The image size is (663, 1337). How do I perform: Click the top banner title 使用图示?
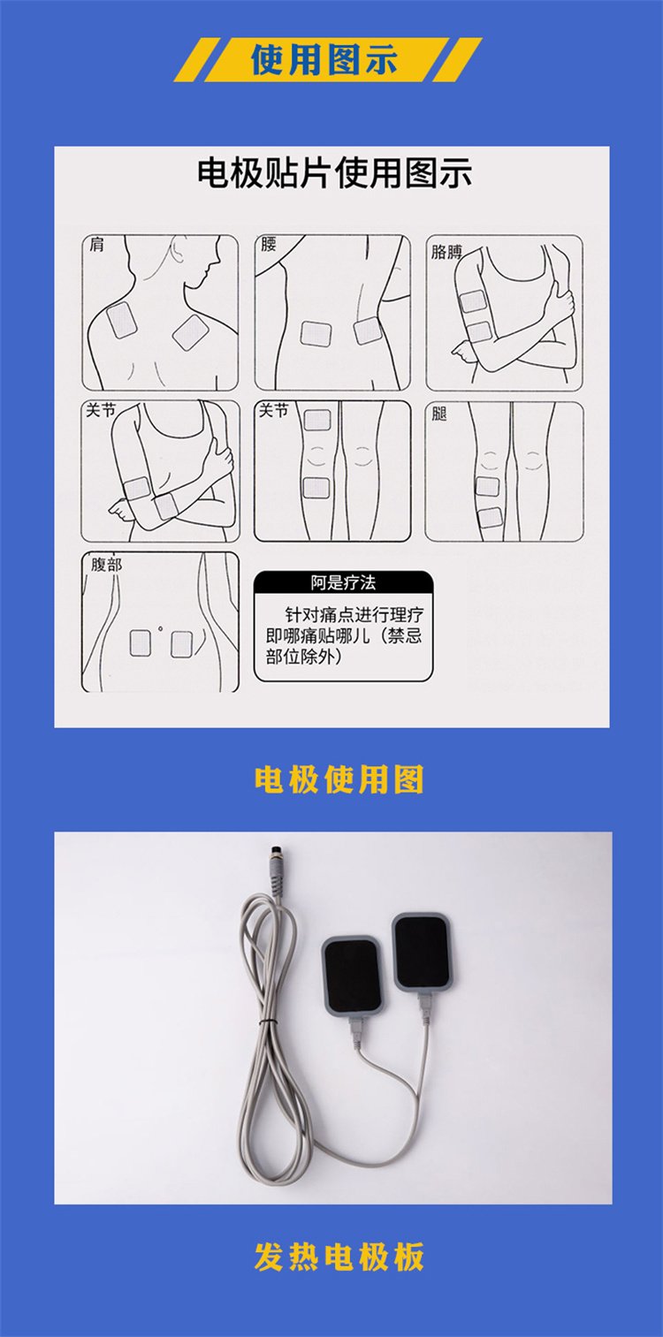(324, 60)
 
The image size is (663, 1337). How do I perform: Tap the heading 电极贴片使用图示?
(334, 173)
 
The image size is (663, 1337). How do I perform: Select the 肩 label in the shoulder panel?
(96, 244)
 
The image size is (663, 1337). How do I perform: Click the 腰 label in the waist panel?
(269, 244)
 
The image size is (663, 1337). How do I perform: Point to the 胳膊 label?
(446, 252)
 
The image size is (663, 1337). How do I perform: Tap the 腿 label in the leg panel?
(439, 414)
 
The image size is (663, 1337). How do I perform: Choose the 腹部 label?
(106, 564)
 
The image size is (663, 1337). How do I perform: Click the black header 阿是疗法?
(343, 582)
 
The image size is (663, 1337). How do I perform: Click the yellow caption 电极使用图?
(339, 779)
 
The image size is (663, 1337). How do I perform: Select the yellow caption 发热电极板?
(339, 1257)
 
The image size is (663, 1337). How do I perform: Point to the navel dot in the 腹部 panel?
(160, 628)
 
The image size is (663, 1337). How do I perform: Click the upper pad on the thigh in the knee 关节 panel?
(317, 421)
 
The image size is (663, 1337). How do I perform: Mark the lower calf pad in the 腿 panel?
(490, 517)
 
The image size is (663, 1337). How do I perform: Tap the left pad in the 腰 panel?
(316, 334)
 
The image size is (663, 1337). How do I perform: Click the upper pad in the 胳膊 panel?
(472, 301)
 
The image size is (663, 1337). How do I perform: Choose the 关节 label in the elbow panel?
(101, 410)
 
